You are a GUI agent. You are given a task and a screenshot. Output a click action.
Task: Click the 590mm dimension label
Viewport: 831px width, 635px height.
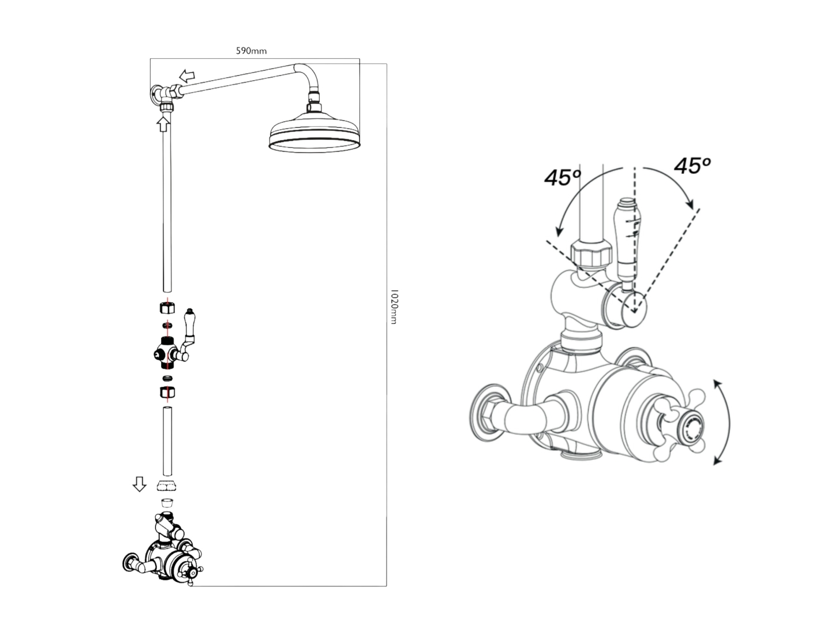251,51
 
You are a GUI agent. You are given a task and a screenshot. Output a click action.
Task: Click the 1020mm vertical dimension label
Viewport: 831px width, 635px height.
394,307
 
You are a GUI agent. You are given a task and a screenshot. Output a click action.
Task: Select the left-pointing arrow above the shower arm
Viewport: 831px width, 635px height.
186,76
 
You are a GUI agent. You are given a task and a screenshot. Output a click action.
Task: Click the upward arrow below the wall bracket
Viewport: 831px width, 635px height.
164,123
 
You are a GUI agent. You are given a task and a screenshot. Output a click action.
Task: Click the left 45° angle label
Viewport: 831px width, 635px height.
562,177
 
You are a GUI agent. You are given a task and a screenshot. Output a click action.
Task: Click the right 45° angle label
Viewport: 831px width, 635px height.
692,166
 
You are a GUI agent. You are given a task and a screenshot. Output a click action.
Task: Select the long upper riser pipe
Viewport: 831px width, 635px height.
167,208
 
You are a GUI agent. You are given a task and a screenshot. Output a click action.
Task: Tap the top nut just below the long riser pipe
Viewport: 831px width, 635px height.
167,307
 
